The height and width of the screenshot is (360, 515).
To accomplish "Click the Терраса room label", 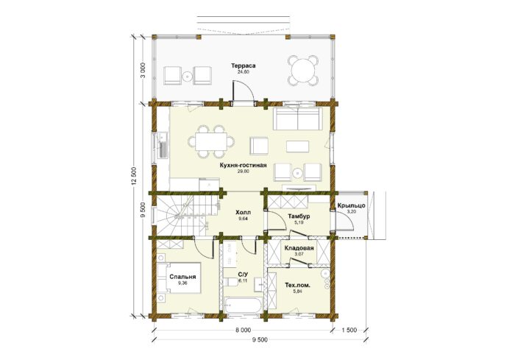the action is tap(243, 66).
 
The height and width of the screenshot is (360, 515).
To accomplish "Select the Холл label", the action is tap(243, 212).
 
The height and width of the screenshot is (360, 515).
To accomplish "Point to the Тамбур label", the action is tap(299, 216).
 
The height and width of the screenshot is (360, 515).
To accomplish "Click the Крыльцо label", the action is tap(351, 206).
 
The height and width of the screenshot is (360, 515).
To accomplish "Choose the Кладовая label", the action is tap(299, 248).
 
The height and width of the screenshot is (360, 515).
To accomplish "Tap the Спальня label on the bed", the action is tap(182, 277).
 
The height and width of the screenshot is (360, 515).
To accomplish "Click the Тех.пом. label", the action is tap(298, 286).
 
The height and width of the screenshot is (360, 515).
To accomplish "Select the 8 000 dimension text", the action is tap(243, 330).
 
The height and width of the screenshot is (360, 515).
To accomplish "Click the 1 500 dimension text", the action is tap(349, 330).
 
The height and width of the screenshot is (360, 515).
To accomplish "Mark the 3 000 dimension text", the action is tap(143, 71).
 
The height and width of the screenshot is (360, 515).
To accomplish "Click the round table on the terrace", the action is tap(303, 71).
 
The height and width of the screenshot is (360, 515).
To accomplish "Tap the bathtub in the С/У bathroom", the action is tap(243, 306).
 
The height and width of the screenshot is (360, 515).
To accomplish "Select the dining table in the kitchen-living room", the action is tap(212, 141).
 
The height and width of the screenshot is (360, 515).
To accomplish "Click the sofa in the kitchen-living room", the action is tap(297, 118).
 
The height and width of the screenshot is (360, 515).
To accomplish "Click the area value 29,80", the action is tap(243, 172).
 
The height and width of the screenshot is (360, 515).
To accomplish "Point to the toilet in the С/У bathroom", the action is tap(232, 282).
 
